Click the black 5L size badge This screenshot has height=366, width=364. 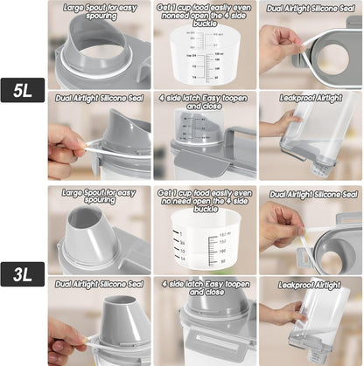(24, 88)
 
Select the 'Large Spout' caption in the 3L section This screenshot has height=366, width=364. (97, 197)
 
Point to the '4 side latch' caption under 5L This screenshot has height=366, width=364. (205, 103)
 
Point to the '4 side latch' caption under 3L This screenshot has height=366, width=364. (205, 288)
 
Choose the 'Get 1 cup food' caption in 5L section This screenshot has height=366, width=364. (205, 12)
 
